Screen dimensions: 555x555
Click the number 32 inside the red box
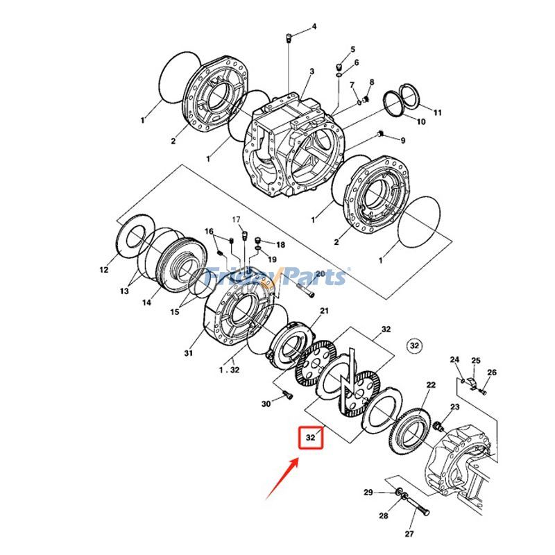click(310, 438)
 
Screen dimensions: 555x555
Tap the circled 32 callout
click(414, 345)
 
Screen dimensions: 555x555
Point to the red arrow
click(283, 478)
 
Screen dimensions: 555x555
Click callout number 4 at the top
click(314, 26)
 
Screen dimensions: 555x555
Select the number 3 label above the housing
click(311, 71)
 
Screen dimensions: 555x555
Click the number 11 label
click(438, 112)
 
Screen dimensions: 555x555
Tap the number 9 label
click(403, 141)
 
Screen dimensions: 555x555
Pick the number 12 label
click(103, 270)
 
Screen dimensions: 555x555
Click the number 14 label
click(146, 302)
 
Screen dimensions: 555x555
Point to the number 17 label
click(237, 220)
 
